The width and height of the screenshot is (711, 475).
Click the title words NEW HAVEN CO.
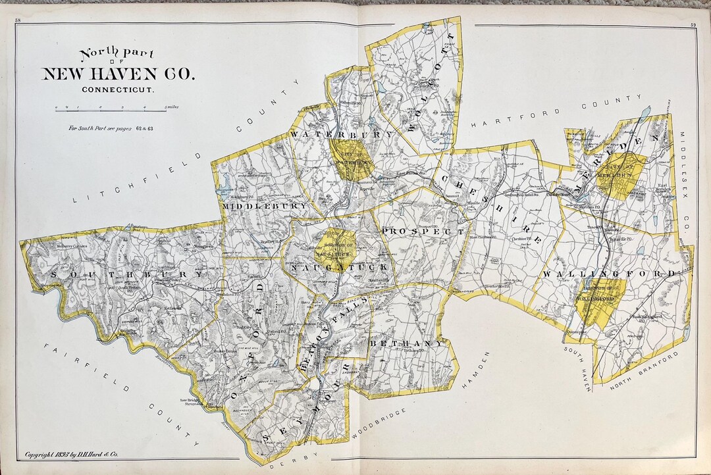tap(118, 74)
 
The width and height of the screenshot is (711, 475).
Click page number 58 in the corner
tap(18, 22)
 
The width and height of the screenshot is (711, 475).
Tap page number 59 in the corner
tap(693, 25)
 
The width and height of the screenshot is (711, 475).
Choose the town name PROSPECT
tap(423, 232)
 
